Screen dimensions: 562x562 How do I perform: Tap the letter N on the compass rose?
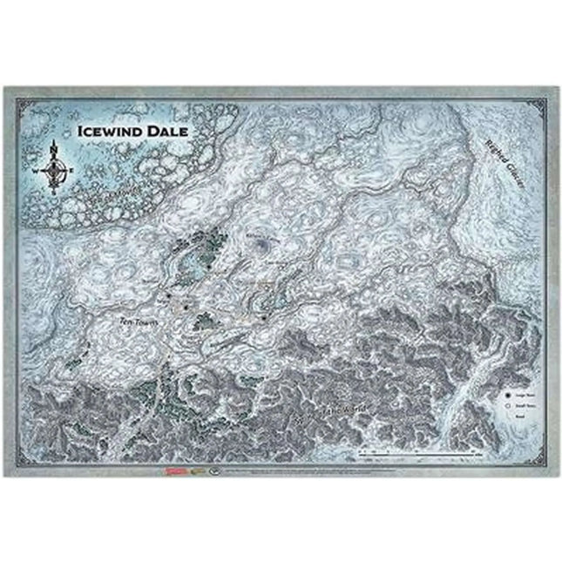click(x=55, y=147)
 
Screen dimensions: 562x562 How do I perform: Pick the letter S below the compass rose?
click(x=55, y=191)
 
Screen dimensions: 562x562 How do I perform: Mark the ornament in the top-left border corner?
click(x=10, y=91)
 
